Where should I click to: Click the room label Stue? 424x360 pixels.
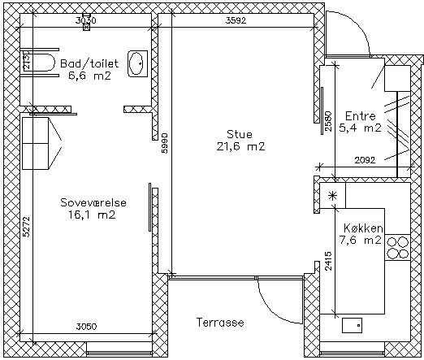coord(240,134)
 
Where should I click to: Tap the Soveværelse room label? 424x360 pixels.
coord(93,202)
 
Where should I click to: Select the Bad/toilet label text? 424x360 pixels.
coord(89,63)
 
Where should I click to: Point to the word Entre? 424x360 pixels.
coord(361,116)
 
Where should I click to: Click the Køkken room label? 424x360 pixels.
coord(363,228)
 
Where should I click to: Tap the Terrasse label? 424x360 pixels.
coord(220,323)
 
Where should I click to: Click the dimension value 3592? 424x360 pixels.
coord(236,20)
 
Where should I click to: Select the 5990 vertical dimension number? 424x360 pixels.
coord(164,143)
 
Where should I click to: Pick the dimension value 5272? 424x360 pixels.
coord(26,227)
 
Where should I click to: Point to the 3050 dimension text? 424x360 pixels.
coord(86,327)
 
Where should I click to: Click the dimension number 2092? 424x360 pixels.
coord(365,160)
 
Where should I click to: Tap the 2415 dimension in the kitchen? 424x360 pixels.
coord(328,261)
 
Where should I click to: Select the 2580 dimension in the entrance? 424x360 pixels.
coord(328,121)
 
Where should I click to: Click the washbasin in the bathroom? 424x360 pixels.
coord(138,63)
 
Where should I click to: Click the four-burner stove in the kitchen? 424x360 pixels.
coord(397,248)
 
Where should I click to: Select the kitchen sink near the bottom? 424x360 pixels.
coord(352,325)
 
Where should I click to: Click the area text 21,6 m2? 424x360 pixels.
coord(240,146)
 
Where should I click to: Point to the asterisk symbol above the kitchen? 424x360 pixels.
coord(332,196)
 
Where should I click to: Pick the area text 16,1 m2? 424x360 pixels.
coord(92,215)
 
